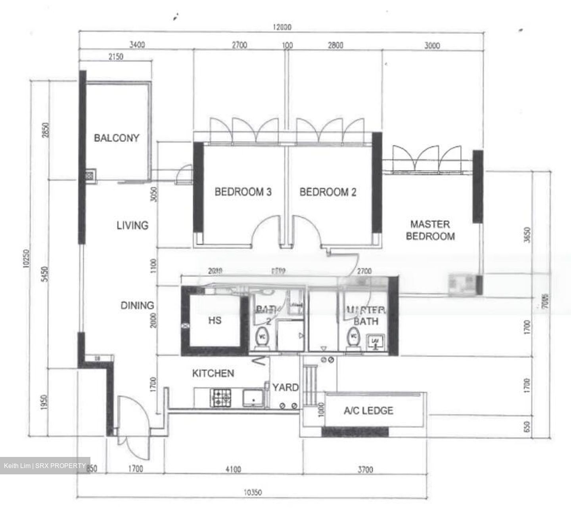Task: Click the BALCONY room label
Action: click(117, 138)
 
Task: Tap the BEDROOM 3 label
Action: click(243, 192)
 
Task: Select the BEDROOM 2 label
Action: click(328, 192)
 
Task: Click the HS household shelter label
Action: click(215, 320)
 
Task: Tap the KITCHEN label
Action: click(213, 373)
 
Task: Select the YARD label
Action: click(285, 387)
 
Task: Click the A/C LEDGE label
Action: click(368, 411)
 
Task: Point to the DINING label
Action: click(137, 306)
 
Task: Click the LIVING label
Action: click(132, 225)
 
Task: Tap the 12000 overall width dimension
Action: click(282, 27)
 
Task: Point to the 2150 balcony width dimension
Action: click(115, 57)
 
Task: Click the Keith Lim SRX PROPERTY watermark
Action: click(45, 466)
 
